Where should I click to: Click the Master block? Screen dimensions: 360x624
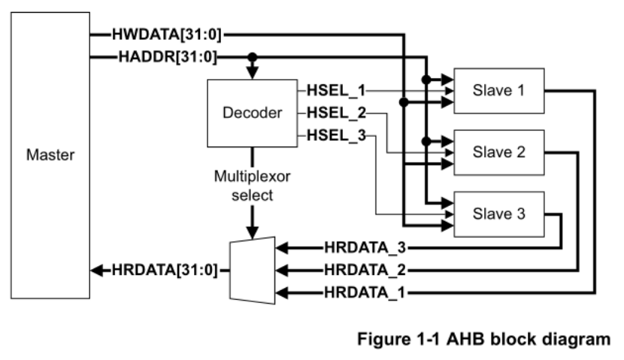49,156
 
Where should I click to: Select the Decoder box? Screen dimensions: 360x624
252,113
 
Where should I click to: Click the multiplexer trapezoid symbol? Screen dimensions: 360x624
253,268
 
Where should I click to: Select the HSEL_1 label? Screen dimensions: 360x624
335,91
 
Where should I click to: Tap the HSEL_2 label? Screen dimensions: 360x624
335,113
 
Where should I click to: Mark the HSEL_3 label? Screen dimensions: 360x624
335,135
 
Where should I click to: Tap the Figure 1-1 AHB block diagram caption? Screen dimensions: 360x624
489,338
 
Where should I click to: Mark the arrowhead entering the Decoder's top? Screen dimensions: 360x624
253,72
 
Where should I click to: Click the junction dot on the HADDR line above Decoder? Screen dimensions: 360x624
253,56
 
